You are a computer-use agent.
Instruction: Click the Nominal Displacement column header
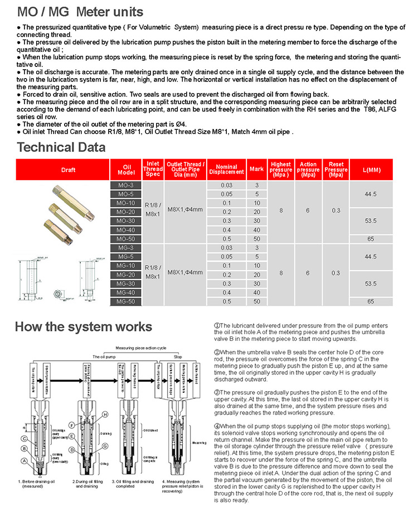[226, 170]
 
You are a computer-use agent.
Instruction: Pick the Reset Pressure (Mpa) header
[336, 169]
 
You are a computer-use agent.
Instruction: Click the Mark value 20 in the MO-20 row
[257, 212]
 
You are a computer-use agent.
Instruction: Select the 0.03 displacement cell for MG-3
[226, 248]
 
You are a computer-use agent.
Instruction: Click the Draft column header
[69, 170]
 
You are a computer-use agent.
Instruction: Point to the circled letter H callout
[104, 414]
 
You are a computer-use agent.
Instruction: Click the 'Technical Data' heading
[61, 147]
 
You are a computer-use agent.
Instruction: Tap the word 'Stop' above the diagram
[178, 356]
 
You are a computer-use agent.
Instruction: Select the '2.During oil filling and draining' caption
[90, 483]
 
